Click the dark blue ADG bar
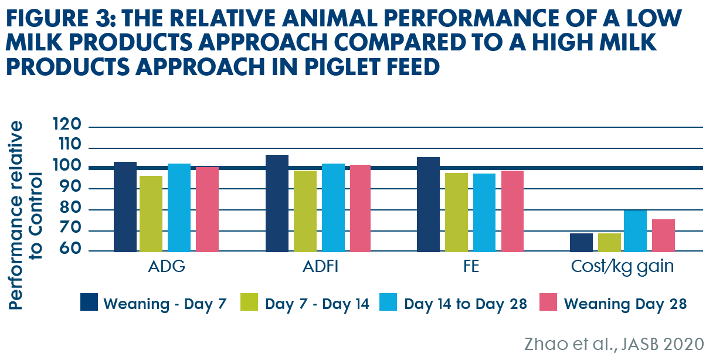tap(125, 207)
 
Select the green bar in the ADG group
tap(151, 214)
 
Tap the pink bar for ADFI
tap(360, 208)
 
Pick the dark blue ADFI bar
tap(277, 203)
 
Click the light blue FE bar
tap(484, 213)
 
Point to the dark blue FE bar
tap(428, 205)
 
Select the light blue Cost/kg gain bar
tap(636, 231)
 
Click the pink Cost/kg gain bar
tap(663, 236)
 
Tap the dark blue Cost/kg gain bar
tap(581, 243)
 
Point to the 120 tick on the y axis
tap(67, 124)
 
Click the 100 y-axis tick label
tap(67, 165)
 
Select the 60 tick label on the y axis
tap(70, 248)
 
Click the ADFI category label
tap(320, 266)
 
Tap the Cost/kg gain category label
tap(622, 267)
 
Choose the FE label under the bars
tap(471, 266)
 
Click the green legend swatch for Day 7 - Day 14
tap(249, 302)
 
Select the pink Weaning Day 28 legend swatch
tap(548, 302)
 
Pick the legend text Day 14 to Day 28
tap(466, 304)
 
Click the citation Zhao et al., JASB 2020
tap(614, 344)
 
